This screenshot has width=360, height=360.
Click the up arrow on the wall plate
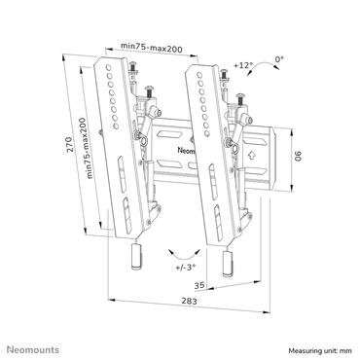(x=250, y=153)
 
